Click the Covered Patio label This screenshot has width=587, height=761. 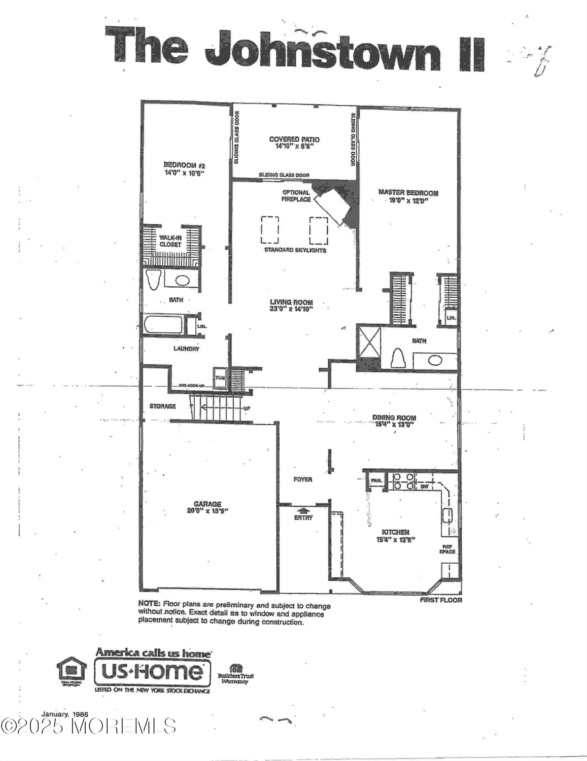(x=294, y=140)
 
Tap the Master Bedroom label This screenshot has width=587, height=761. (x=408, y=193)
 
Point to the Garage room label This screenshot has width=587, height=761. (x=208, y=504)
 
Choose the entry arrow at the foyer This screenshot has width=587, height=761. (x=303, y=510)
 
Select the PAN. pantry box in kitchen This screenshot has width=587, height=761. (x=376, y=480)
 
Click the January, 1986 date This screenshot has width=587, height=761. (x=65, y=714)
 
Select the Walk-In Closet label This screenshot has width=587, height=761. (x=170, y=241)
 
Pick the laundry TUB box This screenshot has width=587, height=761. (x=220, y=377)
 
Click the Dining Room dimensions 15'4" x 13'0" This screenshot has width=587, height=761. (x=394, y=425)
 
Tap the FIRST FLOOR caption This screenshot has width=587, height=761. (x=441, y=600)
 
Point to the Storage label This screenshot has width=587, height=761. (x=162, y=406)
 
